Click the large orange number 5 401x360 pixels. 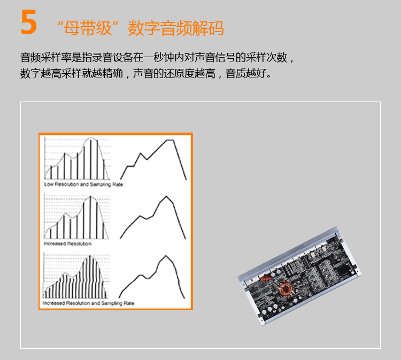[x=29, y=22]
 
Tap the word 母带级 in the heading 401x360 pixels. [x=88, y=28]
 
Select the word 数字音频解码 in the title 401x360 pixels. [x=176, y=28]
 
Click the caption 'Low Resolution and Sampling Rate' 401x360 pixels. [x=83, y=184]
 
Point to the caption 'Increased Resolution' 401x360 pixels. [x=67, y=244]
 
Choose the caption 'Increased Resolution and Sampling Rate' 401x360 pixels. [x=88, y=303]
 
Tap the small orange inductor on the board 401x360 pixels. [x=266, y=278]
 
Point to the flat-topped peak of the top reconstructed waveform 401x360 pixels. [x=170, y=140]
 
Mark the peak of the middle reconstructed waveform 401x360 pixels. [x=166, y=197]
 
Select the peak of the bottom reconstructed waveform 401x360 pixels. [x=166, y=256]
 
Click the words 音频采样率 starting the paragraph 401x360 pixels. [x=46, y=58]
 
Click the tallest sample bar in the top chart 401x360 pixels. [x=90, y=159]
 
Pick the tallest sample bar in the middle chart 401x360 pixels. [x=90, y=217]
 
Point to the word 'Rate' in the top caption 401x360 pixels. [x=118, y=184]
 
